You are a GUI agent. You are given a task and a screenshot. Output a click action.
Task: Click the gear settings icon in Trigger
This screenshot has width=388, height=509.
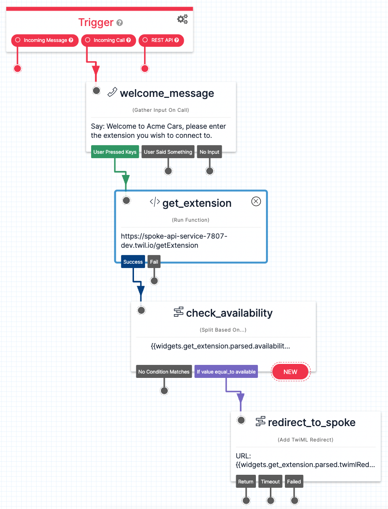(182, 19)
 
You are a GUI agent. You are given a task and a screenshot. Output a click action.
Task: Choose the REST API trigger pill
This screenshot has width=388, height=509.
(161, 40)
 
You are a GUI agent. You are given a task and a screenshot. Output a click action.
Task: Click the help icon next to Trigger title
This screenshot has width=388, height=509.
(120, 23)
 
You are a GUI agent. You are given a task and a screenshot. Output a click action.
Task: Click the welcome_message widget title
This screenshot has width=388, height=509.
(167, 94)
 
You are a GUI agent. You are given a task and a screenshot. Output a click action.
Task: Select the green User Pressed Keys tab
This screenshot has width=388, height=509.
(115, 152)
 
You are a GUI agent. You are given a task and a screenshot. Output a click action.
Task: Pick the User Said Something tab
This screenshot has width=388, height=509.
(168, 152)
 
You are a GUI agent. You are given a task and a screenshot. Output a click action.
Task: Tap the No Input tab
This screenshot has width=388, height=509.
(209, 152)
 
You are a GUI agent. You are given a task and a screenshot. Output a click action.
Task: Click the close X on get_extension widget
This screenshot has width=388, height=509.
(256, 201)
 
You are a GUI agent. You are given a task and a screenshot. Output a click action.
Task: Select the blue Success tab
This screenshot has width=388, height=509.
(133, 262)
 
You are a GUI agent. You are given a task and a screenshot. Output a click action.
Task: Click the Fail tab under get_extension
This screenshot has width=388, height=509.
(154, 262)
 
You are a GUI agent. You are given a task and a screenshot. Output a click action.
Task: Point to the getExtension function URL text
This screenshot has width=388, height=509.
(174, 241)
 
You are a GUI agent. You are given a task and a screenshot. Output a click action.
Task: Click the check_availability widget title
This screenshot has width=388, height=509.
(229, 313)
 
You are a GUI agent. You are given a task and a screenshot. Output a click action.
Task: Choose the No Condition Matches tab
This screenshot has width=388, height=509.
(164, 372)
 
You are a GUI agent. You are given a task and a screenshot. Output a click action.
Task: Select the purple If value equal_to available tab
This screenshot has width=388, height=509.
(226, 372)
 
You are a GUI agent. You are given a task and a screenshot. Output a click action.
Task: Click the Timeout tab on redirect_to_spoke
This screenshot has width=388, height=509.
(270, 482)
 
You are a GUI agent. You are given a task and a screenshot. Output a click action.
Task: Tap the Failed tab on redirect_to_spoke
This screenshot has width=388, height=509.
(294, 482)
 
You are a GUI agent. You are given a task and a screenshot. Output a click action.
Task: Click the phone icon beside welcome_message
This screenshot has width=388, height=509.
(112, 93)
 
